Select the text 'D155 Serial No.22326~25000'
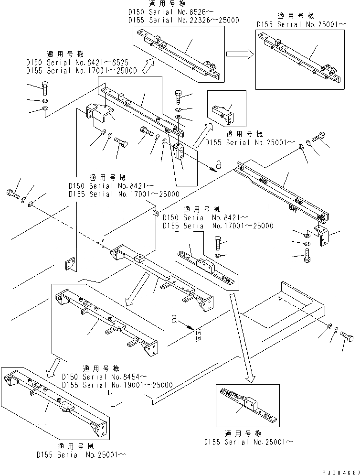[x=184, y=21]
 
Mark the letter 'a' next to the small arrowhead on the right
[x=219, y=164]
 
